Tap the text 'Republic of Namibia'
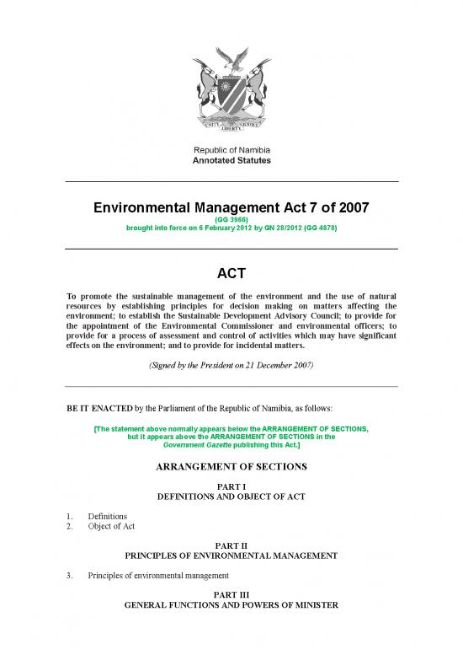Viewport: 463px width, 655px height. point(231,149)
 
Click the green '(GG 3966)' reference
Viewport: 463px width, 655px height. point(231,218)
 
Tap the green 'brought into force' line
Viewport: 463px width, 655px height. point(231,228)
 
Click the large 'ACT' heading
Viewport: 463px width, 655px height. point(231,273)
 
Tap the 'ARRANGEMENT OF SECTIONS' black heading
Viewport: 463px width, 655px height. point(231,466)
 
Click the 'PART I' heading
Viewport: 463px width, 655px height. point(231,487)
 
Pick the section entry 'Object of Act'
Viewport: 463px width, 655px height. point(114,526)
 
